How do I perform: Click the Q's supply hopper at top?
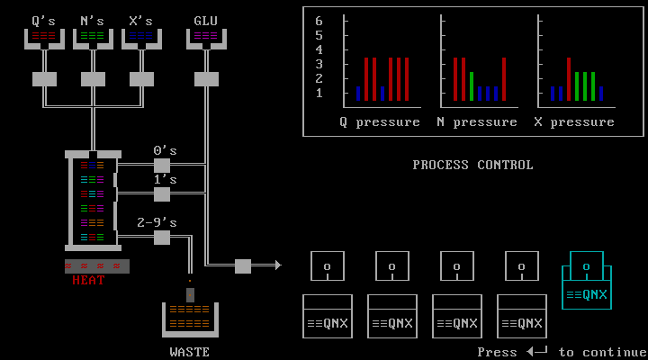point(44,38)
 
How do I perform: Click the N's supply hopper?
point(93,38)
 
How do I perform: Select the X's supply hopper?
point(141,38)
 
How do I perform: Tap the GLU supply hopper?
point(206,38)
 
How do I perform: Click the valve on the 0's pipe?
point(162,166)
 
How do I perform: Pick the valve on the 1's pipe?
point(162,194)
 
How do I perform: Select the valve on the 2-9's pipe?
point(162,238)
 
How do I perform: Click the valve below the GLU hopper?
point(206,79)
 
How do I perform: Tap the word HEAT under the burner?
point(89,280)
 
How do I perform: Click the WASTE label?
point(190,352)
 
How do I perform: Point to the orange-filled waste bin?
point(190,318)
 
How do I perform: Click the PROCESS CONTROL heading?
point(472,165)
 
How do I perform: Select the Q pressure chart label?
point(380,121)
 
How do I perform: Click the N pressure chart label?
point(477,121)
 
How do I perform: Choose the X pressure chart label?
point(574,121)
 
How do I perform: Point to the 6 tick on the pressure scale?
point(319,21)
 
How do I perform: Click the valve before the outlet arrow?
point(243,266)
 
